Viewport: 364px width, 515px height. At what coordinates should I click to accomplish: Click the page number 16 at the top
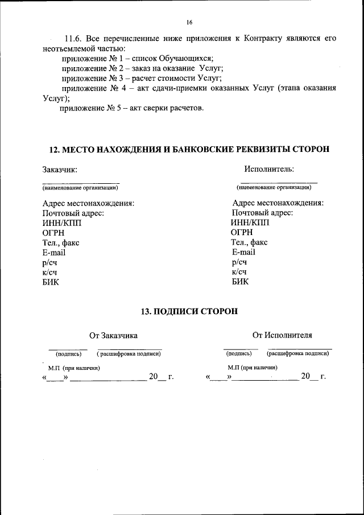coord(189,22)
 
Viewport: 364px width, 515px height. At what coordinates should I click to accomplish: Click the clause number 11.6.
coord(73,39)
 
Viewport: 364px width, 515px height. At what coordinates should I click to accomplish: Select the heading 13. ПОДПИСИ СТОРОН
coord(189,311)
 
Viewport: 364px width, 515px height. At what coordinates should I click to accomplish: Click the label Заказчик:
coord(60,169)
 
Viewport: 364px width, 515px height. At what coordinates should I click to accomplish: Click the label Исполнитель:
coord(269,168)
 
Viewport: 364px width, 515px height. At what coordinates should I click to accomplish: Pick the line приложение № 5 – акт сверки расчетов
coord(132,108)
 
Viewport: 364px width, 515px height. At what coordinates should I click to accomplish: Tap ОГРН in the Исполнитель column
coord(242,232)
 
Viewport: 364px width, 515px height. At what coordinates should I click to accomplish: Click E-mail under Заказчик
coord(54,252)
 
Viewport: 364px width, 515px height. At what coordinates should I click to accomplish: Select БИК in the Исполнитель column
coord(240,281)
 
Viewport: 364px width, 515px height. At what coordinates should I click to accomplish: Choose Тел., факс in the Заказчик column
coord(61,242)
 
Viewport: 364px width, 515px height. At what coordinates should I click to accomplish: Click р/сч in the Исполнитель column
coord(239,262)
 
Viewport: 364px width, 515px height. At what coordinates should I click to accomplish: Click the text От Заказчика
coord(113,336)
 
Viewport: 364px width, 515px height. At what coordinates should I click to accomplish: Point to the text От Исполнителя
coord(282,335)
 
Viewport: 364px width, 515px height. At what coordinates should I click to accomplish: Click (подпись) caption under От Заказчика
coord(68,353)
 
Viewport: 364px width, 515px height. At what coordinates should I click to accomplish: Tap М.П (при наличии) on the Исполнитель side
coord(252,368)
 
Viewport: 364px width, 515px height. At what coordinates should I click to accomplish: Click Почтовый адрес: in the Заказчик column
coord(73,213)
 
